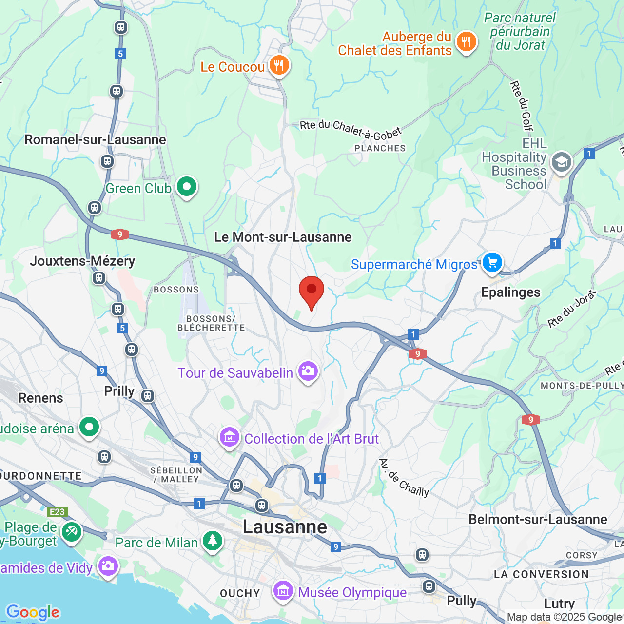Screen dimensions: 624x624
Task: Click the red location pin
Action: pyautogui.click(x=311, y=291)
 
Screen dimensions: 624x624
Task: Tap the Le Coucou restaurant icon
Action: pyautogui.click(x=279, y=65)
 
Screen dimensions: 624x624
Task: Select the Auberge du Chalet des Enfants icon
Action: pyautogui.click(x=466, y=42)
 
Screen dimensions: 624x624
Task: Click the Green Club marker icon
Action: pyautogui.click(x=186, y=187)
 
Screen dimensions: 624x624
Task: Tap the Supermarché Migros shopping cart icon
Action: pyautogui.click(x=492, y=263)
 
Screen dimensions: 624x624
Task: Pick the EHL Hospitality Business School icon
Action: pyautogui.click(x=561, y=162)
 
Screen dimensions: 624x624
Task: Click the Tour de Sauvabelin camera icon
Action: pyautogui.click(x=308, y=372)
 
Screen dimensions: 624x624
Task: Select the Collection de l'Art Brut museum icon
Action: pyautogui.click(x=229, y=438)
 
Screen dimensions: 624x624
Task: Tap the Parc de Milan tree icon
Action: pyautogui.click(x=212, y=541)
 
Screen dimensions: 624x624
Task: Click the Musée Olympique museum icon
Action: pyautogui.click(x=283, y=591)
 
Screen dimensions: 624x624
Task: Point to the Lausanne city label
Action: pyautogui.click(x=285, y=527)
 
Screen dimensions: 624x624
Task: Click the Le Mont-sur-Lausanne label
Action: pyautogui.click(x=283, y=237)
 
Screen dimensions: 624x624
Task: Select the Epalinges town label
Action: pyautogui.click(x=510, y=292)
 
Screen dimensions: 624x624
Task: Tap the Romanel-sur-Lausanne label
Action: pyautogui.click(x=95, y=140)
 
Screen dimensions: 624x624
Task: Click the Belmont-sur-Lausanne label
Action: pyautogui.click(x=538, y=519)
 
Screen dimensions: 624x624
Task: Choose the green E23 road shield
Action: pyautogui.click(x=57, y=512)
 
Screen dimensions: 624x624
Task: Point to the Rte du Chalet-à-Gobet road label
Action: pyautogui.click(x=351, y=129)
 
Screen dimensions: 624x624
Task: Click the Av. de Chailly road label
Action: pyautogui.click(x=404, y=478)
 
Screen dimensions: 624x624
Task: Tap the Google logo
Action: pyautogui.click(x=33, y=612)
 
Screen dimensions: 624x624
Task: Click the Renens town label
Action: pyautogui.click(x=40, y=398)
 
